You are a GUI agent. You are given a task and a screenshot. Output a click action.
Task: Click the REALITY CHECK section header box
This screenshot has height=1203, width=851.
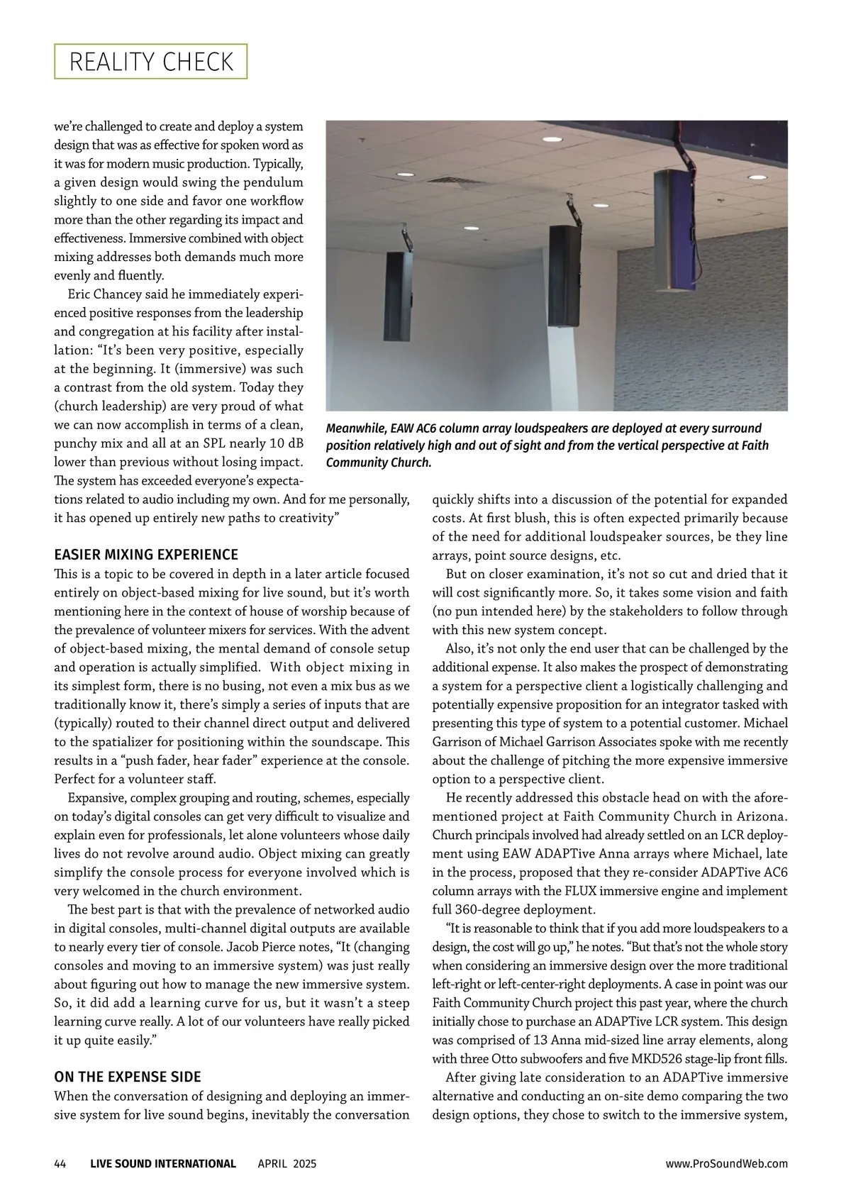[150, 62]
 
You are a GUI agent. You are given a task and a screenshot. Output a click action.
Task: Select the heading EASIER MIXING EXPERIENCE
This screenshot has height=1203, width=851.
[146, 555]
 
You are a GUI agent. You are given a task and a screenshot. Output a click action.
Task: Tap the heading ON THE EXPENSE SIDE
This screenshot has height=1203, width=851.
[128, 1077]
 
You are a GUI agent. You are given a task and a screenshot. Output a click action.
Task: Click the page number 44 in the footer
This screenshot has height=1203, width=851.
[60, 1163]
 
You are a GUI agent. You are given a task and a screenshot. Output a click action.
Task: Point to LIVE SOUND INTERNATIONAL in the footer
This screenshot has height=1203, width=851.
[163, 1163]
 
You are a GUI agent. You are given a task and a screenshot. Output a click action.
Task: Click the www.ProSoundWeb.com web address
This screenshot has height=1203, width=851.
[726, 1163]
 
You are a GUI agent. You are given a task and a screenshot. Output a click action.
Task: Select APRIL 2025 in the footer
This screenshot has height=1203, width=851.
[287, 1163]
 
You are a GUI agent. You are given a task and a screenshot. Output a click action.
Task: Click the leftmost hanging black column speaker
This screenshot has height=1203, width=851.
[398, 296]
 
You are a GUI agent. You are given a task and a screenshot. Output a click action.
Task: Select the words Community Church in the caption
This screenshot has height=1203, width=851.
[379, 462]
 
